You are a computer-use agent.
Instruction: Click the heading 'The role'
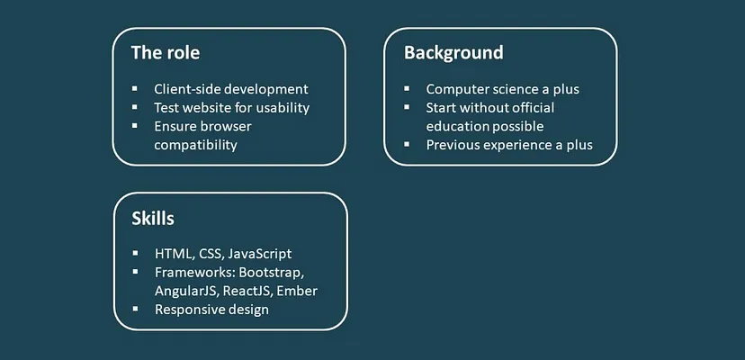click(166, 52)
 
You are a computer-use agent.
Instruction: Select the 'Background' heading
click(453, 52)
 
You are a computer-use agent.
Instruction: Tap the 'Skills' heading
click(153, 219)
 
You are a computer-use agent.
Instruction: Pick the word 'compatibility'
click(195, 145)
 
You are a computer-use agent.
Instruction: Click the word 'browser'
click(226, 126)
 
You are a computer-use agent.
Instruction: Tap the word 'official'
click(533, 107)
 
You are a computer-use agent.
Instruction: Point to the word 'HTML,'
click(174, 254)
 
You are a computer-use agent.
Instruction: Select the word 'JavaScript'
click(259, 254)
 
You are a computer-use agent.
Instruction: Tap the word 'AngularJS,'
click(186, 291)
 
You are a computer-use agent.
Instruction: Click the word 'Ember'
click(297, 291)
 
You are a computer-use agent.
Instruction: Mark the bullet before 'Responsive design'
click(135, 309)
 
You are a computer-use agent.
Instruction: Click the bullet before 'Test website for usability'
click(135, 107)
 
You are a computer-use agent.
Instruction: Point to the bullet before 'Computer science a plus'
click(407, 88)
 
